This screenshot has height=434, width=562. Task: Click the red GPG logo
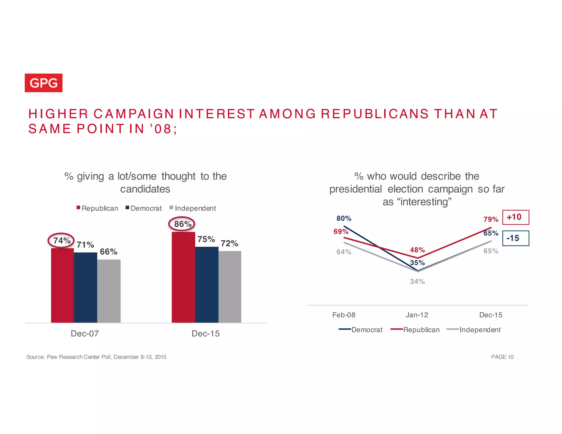44,83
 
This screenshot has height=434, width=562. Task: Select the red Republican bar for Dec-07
62,285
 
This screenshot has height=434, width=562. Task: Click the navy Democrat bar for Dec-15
207,284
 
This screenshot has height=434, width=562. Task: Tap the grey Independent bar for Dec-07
109,291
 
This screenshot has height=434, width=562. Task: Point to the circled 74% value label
61,241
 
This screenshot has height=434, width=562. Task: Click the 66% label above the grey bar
108,252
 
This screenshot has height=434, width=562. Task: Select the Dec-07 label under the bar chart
85,334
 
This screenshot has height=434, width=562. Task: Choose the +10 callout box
515,217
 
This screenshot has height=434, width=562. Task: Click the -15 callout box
515,238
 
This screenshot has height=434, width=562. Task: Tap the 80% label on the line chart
344,218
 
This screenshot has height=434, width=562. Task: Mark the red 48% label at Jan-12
417,250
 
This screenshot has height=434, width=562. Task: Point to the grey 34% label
417,281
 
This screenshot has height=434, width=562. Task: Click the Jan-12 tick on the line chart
417,315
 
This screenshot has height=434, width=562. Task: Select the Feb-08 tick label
344,315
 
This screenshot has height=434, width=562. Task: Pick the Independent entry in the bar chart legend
193,208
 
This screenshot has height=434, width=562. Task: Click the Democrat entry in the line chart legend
361,330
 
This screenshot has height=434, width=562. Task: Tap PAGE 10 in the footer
502,357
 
